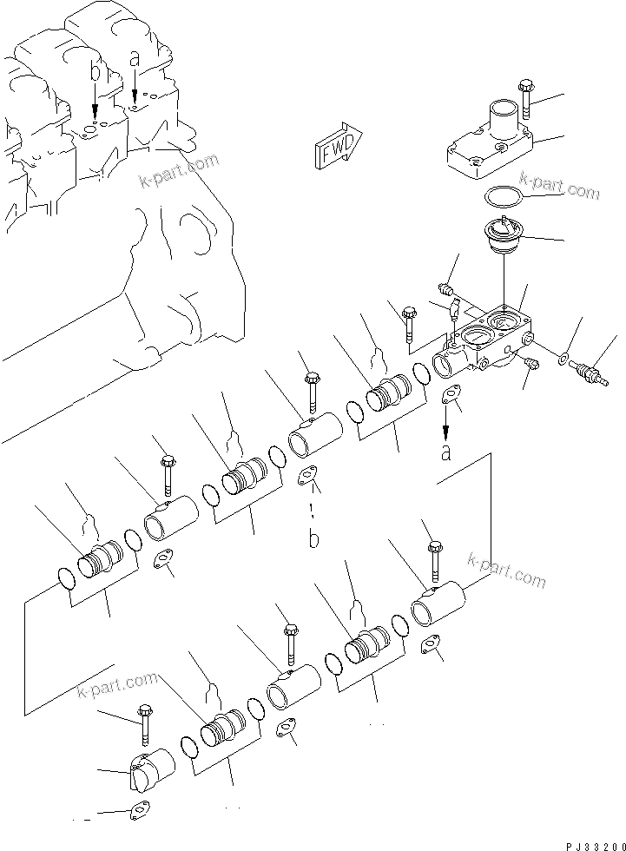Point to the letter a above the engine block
click(x=134, y=59)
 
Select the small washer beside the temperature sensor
click(x=565, y=357)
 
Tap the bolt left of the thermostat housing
click(x=407, y=321)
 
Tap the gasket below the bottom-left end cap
click(x=137, y=813)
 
